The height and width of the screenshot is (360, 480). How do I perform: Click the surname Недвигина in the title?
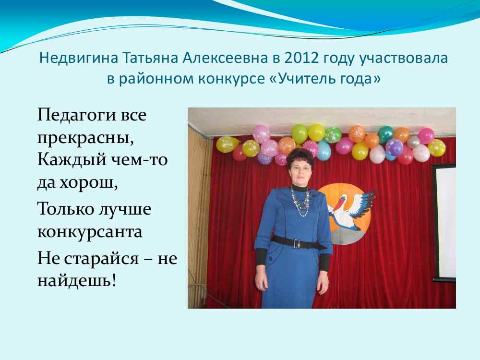coord(78,58)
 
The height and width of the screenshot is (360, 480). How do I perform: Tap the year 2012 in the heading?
coord(301,58)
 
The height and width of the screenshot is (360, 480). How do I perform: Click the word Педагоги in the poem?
coord(76,116)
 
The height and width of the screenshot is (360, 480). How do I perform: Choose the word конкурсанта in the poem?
coord(90,232)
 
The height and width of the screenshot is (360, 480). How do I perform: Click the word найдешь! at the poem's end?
coord(77,280)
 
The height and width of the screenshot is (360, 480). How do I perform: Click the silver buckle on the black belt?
coord(296,243)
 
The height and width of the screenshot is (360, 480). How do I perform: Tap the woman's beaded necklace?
coord(300,203)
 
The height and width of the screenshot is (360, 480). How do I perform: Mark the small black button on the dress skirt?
coord(270,259)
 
